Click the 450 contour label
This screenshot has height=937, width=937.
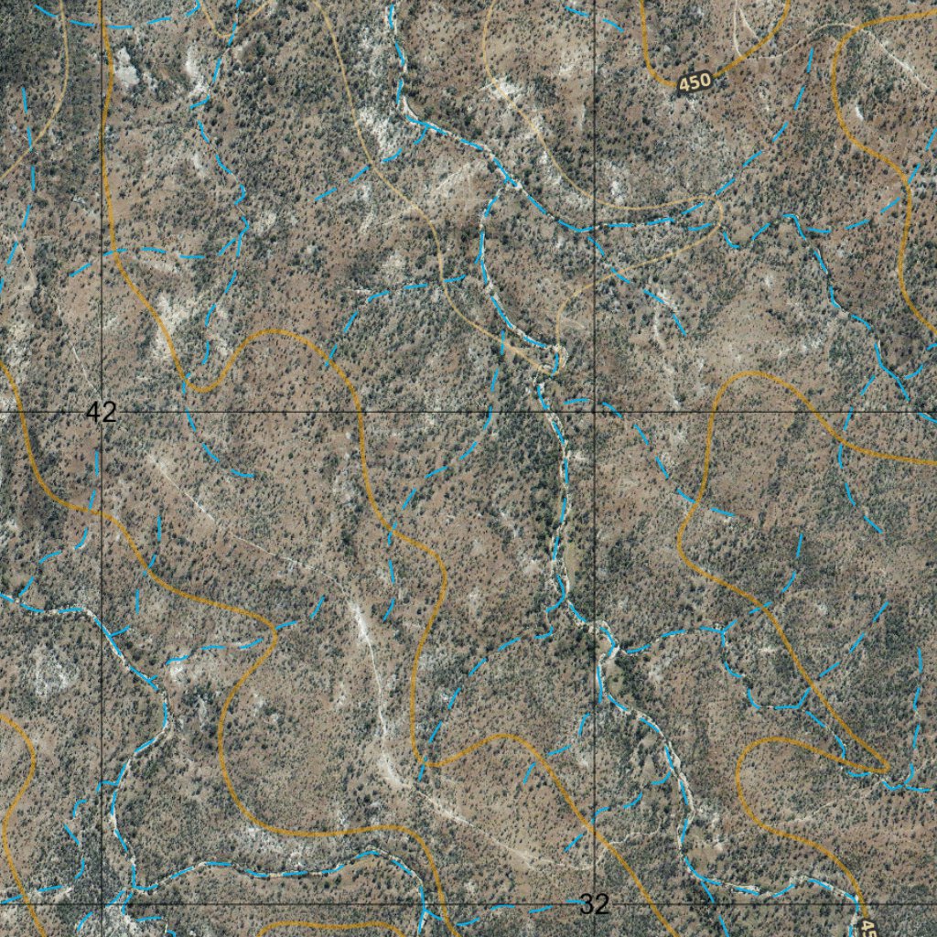coord(695,82)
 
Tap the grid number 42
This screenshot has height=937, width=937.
coord(101,412)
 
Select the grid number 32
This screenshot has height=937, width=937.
coord(594,905)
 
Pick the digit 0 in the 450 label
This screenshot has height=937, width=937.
coord(705,80)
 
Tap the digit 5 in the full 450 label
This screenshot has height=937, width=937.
coord(695,82)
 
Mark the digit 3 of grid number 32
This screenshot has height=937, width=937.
coord(587,905)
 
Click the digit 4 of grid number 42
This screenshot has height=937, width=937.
coord(93,412)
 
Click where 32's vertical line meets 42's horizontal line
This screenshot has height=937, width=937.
coord(595,412)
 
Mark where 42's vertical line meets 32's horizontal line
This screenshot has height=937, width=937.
coord(101,904)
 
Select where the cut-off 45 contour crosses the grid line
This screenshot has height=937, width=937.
coord(859,904)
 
